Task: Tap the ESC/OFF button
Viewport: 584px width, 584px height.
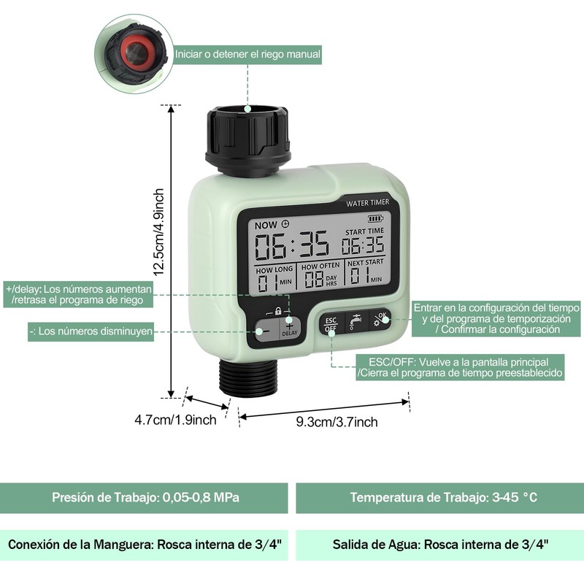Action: pyautogui.click(x=331, y=323)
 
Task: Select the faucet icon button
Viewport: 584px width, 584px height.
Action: pyautogui.click(x=355, y=321)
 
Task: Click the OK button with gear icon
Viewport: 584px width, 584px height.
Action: pyautogui.click(x=380, y=319)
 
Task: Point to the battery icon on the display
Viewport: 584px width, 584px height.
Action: pyautogui.click(x=375, y=218)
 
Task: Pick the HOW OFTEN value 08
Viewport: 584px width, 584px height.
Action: pyautogui.click(x=314, y=278)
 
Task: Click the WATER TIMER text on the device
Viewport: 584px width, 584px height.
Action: pyautogui.click(x=367, y=202)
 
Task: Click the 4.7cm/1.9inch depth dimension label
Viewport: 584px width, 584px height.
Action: pyautogui.click(x=175, y=420)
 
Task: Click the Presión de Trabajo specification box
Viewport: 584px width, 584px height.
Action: pyautogui.click(x=145, y=498)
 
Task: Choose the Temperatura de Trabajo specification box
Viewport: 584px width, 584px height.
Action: pyautogui.click(x=439, y=498)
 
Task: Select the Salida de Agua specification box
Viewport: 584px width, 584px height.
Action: pyautogui.click(x=439, y=545)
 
